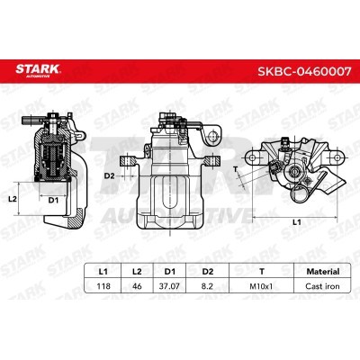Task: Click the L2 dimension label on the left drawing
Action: click(x=13, y=197)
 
